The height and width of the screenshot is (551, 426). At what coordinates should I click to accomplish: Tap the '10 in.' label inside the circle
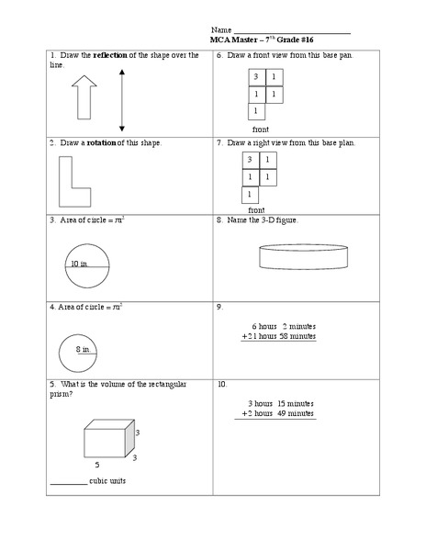(80, 264)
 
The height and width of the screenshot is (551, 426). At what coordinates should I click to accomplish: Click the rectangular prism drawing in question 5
(108, 438)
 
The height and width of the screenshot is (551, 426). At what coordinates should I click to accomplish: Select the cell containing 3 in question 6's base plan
(257, 76)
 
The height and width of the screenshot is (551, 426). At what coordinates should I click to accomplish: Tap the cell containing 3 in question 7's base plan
(251, 160)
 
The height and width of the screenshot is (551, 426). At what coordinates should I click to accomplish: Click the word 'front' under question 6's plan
(261, 129)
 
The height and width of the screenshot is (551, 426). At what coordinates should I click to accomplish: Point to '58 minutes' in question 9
(298, 336)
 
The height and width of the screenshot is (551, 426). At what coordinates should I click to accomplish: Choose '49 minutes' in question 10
(295, 414)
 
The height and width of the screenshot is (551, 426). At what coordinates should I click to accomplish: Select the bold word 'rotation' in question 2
(102, 143)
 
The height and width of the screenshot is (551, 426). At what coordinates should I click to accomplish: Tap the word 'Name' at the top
(221, 29)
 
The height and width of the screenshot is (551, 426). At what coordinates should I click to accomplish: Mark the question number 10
(222, 384)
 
